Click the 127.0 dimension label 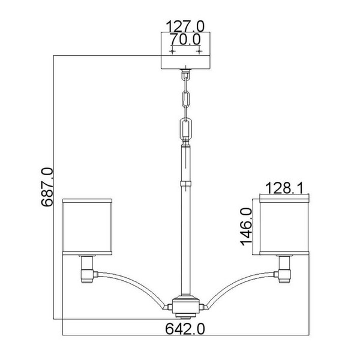(185, 26)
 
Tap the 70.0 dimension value (185, 39)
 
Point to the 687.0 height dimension (47, 187)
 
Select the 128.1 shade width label (284, 188)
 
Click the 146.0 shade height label (247, 227)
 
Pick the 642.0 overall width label (185, 329)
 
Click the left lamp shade (87, 227)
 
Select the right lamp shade (284, 227)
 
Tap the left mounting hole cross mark (172, 52)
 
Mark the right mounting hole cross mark (199, 52)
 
